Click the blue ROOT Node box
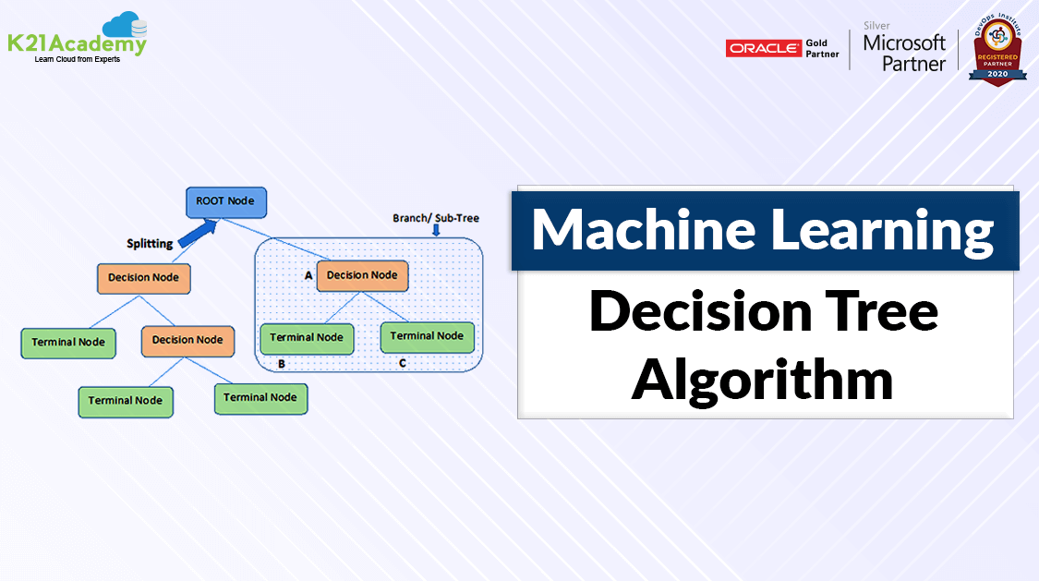(225, 200)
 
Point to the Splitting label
(149, 244)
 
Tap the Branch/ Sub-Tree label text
(436, 219)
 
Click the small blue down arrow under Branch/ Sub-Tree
(436, 231)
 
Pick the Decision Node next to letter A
(362, 275)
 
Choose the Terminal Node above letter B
(306, 338)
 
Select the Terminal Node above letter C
(428, 336)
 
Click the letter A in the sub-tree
(308, 275)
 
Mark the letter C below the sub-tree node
(402, 363)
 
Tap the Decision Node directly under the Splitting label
(143, 277)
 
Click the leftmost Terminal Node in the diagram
(67, 342)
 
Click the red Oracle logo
(763, 49)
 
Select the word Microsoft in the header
(904, 42)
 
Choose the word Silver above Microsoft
(876, 25)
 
